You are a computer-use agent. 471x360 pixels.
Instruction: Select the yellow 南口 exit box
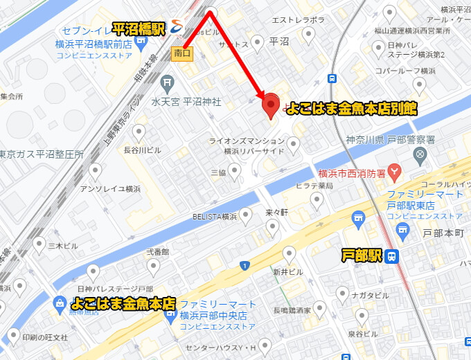point(182,53)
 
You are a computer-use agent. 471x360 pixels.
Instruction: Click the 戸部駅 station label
point(362,256)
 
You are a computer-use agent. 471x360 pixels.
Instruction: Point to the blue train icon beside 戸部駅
point(391,256)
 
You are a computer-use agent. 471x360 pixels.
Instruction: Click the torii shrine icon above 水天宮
point(167,84)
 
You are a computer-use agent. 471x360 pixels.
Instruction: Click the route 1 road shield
point(245,266)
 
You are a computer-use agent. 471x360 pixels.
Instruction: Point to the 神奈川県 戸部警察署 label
point(391,140)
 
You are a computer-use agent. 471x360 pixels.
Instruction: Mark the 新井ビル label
point(287,272)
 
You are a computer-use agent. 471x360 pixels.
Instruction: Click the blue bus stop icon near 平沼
point(333,78)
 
